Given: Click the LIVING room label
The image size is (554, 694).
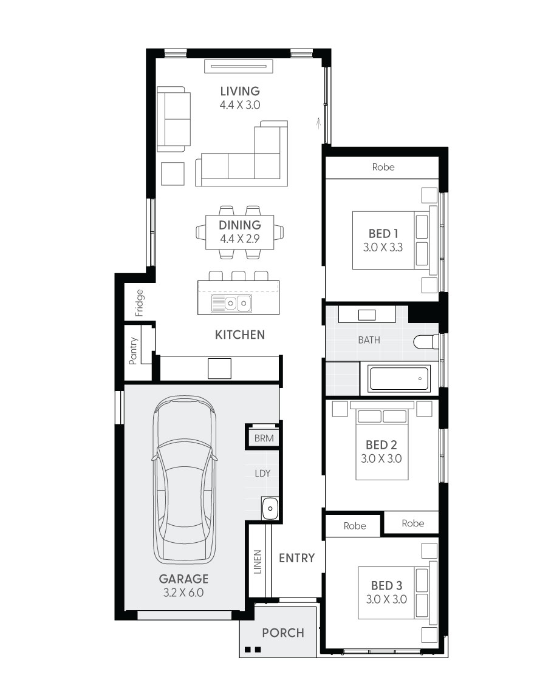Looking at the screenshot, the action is coord(240,91).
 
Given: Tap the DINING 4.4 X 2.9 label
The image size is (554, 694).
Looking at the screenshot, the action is coord(240,231).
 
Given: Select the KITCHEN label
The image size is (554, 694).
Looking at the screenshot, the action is coord(240,335).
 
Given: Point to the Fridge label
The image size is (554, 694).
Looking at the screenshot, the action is coord(140,303).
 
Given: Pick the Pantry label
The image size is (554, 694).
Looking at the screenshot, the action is coord(133,350).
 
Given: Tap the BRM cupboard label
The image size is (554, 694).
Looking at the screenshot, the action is coord(264,438).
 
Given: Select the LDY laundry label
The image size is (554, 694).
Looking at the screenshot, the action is coord(262,473).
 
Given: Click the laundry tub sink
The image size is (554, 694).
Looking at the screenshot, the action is coord(270,508).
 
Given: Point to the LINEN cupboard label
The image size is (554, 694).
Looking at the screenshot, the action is coord(258,562).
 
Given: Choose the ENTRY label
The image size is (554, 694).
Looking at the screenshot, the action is coord(296,558).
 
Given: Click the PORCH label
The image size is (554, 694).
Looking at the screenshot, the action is coord(283,633).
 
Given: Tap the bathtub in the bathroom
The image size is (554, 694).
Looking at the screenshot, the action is coord(400,378).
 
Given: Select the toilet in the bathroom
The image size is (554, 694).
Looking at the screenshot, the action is coord(426,342).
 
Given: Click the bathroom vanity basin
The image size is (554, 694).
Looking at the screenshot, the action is coord(367,315).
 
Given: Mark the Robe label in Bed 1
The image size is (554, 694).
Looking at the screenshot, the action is coord(383,167).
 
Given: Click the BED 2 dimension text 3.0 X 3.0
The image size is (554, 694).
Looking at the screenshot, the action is coord(381,458).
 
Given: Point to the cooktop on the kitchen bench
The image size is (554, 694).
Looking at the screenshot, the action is coord(219,368).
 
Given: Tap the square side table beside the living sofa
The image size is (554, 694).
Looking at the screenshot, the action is coord(173,174).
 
